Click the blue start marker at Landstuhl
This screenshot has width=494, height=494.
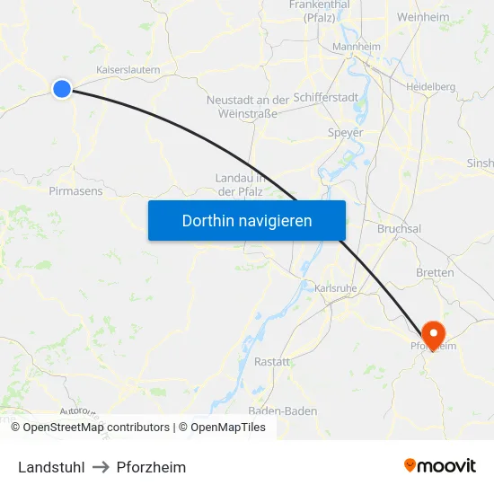[x=62, y=88]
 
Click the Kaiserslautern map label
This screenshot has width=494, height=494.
[x=128, y=69]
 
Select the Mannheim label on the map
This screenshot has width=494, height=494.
[x=357, y=47]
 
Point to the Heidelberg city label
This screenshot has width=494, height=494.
[x=430, y=87]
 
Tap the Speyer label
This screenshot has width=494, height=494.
[x=346, y=133]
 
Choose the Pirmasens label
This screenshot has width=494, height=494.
[x=75, y=191]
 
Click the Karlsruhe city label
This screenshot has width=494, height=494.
[x=337, y=288]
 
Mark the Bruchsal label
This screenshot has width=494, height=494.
[x=400, y=229]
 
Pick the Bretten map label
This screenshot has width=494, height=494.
[x=435, y=272]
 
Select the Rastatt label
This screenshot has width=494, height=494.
[x=272, y=361]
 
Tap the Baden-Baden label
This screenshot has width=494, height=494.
[x=283, y=411]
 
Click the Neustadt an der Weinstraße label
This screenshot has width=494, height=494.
[x=248, y=107]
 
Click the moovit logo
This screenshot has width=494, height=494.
[x=440, y=466]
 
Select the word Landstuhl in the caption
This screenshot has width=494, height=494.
[x=51, y=467]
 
